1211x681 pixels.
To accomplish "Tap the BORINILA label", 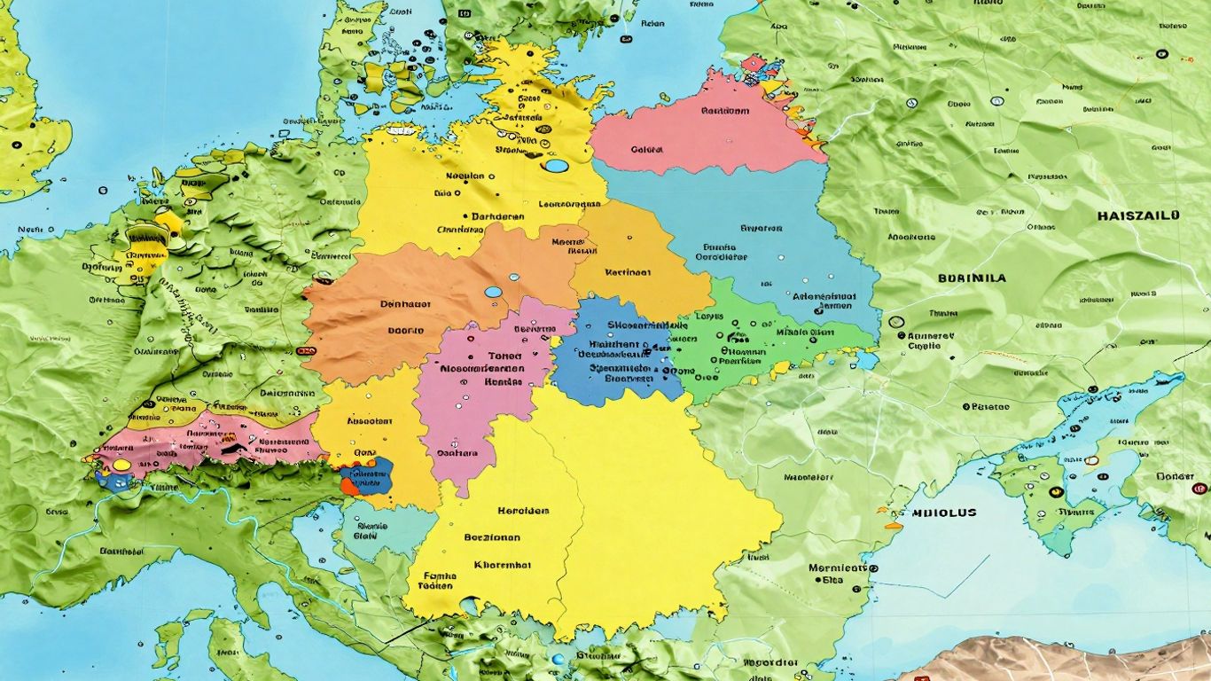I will [972, 278].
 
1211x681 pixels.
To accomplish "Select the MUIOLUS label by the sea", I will [943, 513].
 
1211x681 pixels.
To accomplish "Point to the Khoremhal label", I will [503, 564].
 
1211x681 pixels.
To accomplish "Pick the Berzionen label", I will [492, 537].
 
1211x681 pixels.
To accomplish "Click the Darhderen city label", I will [497, 215].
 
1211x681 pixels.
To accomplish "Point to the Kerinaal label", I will [628, 273].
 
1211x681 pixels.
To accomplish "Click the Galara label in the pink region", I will [646, 150].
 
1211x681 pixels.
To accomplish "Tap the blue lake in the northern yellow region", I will [556, 166].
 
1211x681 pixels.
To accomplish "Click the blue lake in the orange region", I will [490, 292].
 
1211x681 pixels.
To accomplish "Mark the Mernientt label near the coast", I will [836, 567].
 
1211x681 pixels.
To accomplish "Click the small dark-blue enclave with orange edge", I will [368, 476].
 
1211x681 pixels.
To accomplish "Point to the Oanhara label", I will [457, 452].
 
